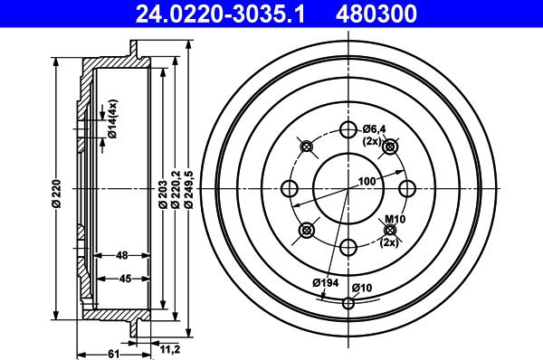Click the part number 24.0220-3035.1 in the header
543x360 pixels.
220,14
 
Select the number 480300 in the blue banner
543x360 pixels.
376,14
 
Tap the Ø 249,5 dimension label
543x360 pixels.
189,189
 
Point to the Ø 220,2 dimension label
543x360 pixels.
176,189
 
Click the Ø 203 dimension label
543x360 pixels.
163,194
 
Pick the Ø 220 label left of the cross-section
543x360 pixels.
56,194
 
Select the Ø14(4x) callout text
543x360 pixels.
112,118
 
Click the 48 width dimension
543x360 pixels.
122,255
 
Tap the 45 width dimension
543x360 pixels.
125,279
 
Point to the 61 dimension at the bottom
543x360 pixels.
114,354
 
